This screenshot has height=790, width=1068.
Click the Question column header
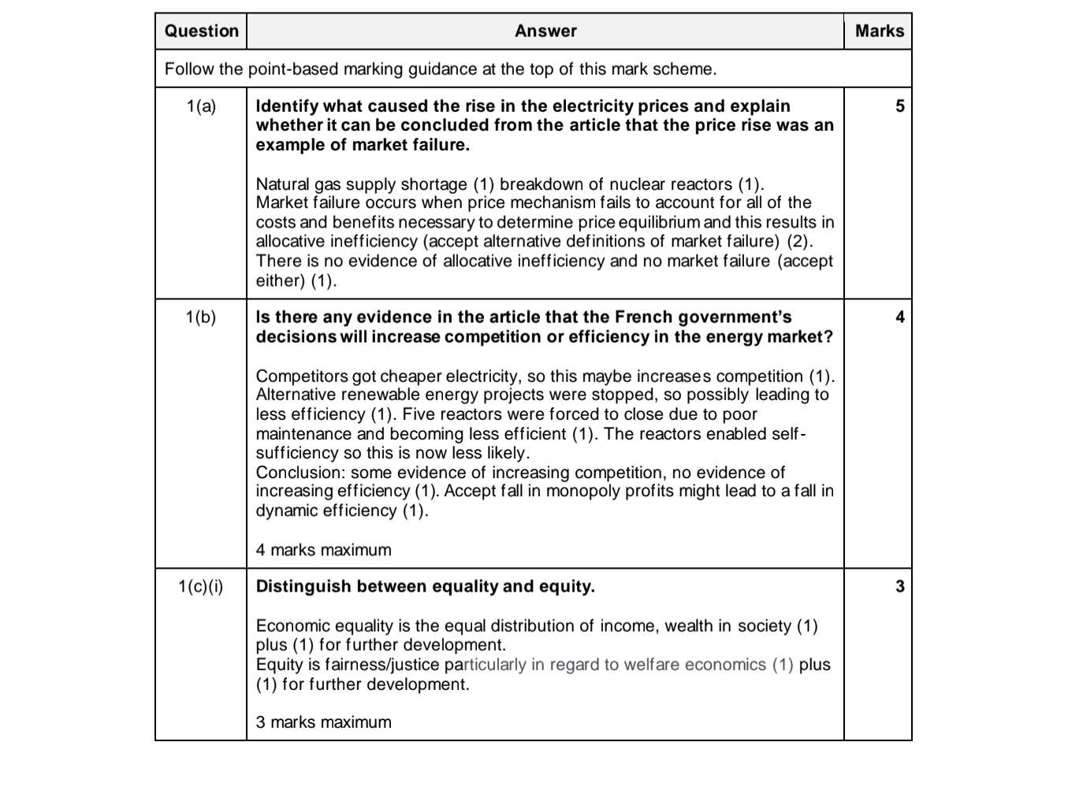(x=201, y=32)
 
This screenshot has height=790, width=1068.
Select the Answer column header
(x=545, y=32)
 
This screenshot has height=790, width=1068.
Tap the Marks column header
(x=879, y=32)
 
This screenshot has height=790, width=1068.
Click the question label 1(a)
(x=201, y=106)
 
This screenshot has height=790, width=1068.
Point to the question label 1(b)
(x=201, y=317)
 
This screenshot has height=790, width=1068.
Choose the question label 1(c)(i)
(x=201, y=587)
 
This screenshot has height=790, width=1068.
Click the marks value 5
(x=900, y=106)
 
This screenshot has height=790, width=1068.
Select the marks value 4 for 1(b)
(x=900, y=317)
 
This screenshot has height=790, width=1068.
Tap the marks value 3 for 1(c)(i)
(x=900, y=587)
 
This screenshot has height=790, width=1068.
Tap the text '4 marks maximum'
(x=323, y=550)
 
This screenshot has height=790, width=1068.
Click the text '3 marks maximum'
(x=323, y=722)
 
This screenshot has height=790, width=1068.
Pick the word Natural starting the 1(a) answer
(x=282, y=184)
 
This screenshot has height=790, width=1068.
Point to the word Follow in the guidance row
(x=189, y=69)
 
